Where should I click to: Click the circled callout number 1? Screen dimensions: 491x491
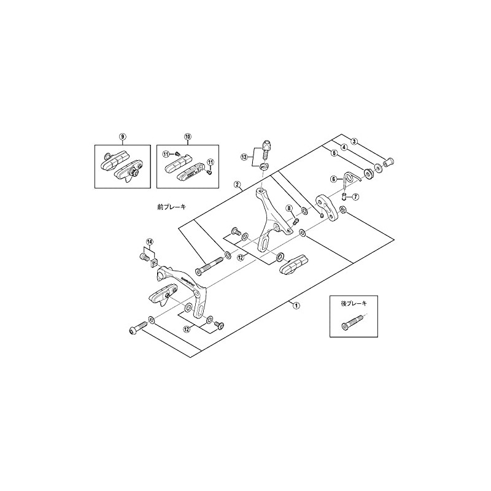pyautogui.click(x=296, y=304)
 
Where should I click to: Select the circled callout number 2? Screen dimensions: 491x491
pyautogui.click(x=236, y=184)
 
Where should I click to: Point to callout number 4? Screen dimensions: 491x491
pyautogui.click(x=344, y=147)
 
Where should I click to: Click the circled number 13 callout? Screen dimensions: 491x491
pyautogui.click(x=245, y=157)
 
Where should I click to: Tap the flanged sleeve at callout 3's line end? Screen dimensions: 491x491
pyautogui.click(x=388, y=163)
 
